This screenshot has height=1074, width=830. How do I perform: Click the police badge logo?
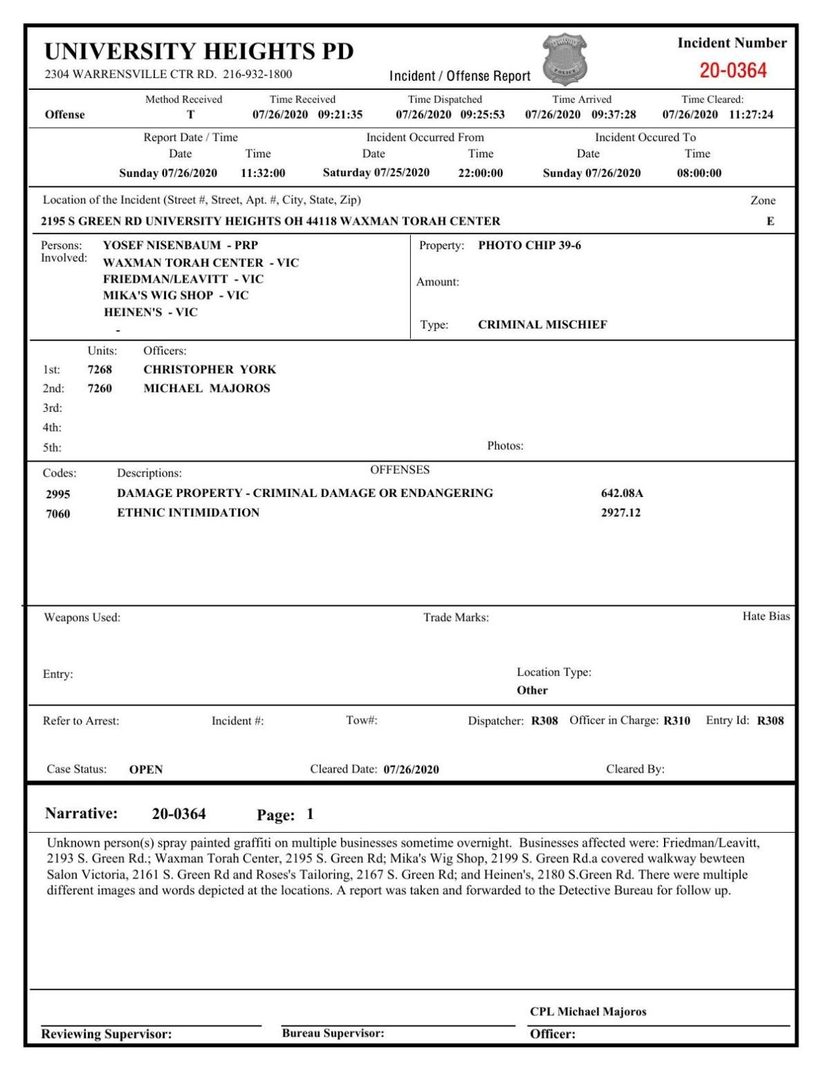[x=564, y=59]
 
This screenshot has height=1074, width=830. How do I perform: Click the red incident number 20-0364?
[x=732, y=70]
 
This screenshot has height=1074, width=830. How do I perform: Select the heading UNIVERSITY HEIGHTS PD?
[x=199, y=51]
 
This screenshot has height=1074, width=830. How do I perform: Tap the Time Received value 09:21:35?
[x=340, y=115]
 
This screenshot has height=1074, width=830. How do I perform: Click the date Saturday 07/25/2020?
[x=376, y=173]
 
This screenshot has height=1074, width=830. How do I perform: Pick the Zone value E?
[x=770, y=221]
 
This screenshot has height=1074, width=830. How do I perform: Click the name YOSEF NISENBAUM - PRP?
[x=180, y=245]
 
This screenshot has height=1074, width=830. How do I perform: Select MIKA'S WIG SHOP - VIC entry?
[x=176, y=295]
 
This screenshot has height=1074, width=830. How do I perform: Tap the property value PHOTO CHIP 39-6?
[x=529, y=245]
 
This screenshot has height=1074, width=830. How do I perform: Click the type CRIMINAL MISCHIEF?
[x=542, y=325]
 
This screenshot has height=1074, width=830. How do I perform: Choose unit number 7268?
[x=100, y=369]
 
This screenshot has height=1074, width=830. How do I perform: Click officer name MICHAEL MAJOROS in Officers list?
[x=206, y=388]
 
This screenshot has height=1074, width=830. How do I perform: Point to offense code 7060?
[x=57, y=514]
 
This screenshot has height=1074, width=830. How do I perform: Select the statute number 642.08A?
[x=621, y=493]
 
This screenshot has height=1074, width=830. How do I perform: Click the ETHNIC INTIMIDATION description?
[x=188, y=513]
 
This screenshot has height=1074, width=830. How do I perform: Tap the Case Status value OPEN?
[x=146, y=769]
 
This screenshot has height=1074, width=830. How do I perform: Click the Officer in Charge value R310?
[x=676, y=721]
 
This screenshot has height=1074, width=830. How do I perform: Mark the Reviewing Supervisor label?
[x=107, y=1035]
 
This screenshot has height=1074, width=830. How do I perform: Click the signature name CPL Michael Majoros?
[x=588, y=1012]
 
